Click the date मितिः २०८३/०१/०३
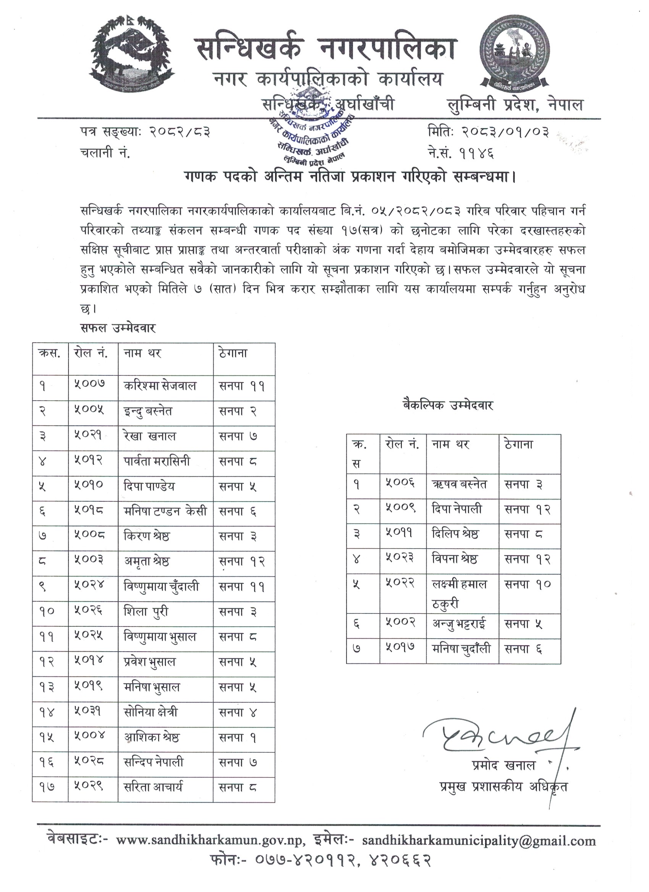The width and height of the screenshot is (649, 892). [x=488, y=131]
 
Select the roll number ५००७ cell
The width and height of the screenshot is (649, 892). [x=90, y=385]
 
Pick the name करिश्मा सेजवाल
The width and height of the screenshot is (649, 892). [x=160, y=386]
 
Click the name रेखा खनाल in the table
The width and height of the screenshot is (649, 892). [x=150, y=436]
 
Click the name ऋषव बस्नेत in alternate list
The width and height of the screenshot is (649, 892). [x=459, y=484]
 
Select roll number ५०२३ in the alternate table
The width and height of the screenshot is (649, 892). [x=400, y=558]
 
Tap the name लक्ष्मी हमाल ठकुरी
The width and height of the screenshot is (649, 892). [x=459, y=594]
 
